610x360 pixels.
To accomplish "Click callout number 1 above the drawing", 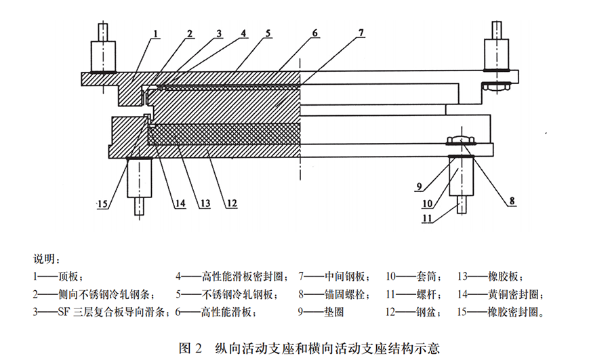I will point(155,33).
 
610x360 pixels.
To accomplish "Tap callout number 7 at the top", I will point(361,33).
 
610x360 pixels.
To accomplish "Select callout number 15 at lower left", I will point(102,203).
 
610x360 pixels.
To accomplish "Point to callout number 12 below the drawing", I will point(231,202).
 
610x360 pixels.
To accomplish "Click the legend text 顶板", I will point(71,277).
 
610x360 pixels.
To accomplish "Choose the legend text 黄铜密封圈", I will point(515,295).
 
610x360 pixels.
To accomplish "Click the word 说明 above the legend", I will point(45,259).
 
